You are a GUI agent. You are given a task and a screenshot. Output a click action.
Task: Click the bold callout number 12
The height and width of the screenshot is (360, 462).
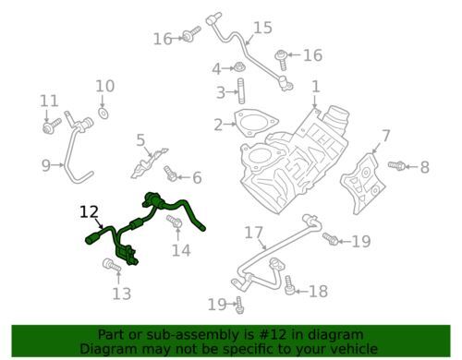pyautogui.click(x=90, y=212)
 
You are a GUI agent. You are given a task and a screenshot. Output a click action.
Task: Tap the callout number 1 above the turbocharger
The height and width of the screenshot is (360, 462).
pyautogui.click(x=316, y=87)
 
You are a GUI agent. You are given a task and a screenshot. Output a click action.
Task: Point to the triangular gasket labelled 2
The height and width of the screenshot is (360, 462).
pyautogui.click(x=256, y=123)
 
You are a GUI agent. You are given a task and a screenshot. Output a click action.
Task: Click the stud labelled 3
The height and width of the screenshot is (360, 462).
pyautogui.click(x=240, y=91)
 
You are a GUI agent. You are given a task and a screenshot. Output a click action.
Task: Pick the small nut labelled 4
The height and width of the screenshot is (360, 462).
pyautogui.click(x=237, y=67)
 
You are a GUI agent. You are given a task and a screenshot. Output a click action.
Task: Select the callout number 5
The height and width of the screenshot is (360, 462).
pyautogui.click(x=140, y=140)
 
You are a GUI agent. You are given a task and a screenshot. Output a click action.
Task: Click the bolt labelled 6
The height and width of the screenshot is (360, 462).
pyautogui.click(x=170, y=174)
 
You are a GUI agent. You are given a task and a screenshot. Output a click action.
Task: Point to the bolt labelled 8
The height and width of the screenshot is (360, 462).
pyautogui.click(x=397, y=165)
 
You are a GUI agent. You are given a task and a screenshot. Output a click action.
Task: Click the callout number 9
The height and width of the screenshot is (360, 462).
pyautogui.click(x=46, y=165)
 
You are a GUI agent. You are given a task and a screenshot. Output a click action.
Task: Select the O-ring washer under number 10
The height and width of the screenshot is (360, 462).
pyautogui.click(x=103, y=113)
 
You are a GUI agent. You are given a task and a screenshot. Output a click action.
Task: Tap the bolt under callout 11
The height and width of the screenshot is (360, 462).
pyautogui.click(x=52, y=126)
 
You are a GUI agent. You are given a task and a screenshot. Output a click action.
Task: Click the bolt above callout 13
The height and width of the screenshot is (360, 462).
pyautogui.click(x=112, y=265)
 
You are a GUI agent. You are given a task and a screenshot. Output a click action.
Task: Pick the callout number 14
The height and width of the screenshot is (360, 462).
pyautogui.click(x=181, y=250)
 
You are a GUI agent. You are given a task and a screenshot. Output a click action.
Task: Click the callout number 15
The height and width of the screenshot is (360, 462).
pyautogui.click(x=262, y=28)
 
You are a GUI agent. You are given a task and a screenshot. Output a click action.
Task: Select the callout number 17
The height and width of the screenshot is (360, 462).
pyautogui.click(x=254, y=233)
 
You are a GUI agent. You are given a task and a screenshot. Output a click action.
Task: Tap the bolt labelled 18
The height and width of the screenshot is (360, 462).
pyautogui.click(x=289, y=285)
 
